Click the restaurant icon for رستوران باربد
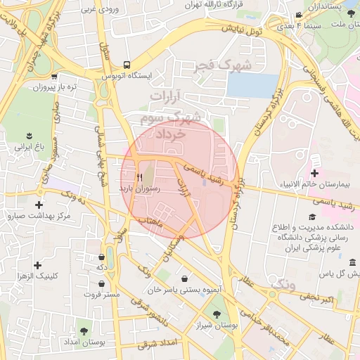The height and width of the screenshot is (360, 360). pos(139,177)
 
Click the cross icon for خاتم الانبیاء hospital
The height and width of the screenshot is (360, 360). pos(314,173)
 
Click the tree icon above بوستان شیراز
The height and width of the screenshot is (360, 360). pos(215,315)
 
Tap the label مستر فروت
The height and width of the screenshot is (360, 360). pos(103,295)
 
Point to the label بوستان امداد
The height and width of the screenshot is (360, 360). pos(84,342)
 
